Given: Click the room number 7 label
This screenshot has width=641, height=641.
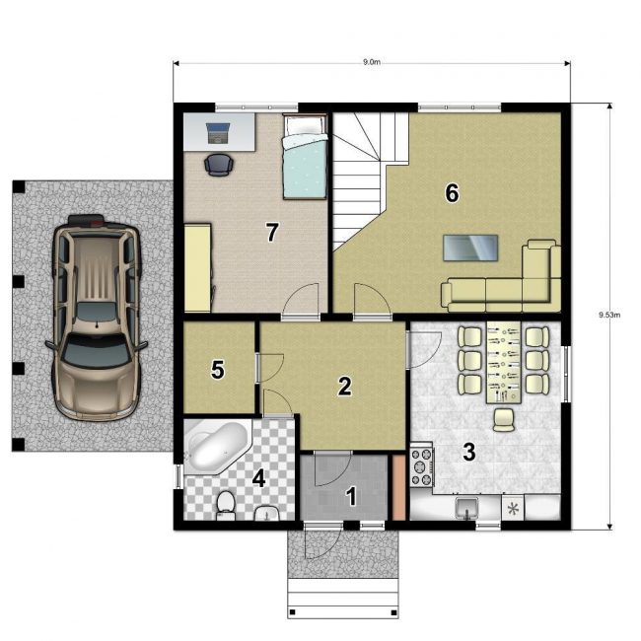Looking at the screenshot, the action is coord(272,232).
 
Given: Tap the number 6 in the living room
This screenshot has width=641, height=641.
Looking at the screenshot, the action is coord(452,193).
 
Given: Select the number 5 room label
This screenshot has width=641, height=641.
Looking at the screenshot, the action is coord(218,370).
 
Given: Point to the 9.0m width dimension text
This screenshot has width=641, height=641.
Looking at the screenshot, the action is coord(372,62).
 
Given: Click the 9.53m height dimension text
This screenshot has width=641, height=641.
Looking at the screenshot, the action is coord(609,315).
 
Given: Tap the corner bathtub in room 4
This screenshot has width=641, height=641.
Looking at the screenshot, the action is coord(218,447).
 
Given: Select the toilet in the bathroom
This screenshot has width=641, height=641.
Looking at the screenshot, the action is coord(225,506).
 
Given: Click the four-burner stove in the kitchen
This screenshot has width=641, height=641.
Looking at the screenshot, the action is coord(421,466).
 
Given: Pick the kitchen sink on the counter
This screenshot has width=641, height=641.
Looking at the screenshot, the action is coord(466,508).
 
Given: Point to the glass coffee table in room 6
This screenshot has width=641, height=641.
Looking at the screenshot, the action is coord(470,248).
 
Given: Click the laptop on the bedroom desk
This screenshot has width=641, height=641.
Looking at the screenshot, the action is coord(218,133).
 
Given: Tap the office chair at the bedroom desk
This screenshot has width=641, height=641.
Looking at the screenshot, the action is coord(219,165).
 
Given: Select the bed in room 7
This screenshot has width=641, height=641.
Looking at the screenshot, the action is coord(306,157).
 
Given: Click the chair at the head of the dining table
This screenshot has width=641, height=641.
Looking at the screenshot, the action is coord(504,420).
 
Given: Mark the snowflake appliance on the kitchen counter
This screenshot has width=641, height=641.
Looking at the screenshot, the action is coord(513,509).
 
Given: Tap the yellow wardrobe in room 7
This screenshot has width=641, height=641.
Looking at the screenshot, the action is coord(198,267).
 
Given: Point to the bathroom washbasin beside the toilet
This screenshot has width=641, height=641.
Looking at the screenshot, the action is coord(267,514).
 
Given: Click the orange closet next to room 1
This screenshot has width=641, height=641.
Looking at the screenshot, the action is coord(398,488).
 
